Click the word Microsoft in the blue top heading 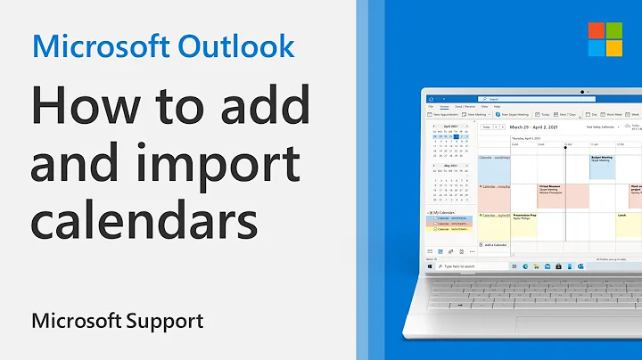click(98, 45)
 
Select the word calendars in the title click(134, 218)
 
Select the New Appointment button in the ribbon click(443, 114)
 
